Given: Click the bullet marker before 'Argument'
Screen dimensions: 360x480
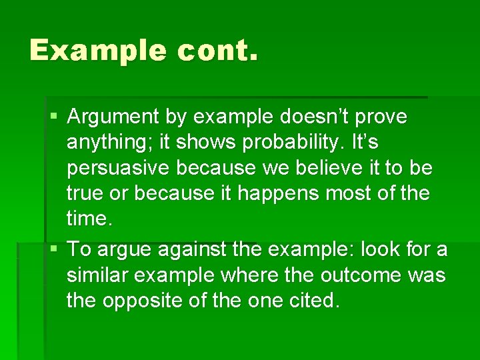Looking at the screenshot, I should [53, 117].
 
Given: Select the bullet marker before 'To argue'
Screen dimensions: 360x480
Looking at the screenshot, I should [53, 249].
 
